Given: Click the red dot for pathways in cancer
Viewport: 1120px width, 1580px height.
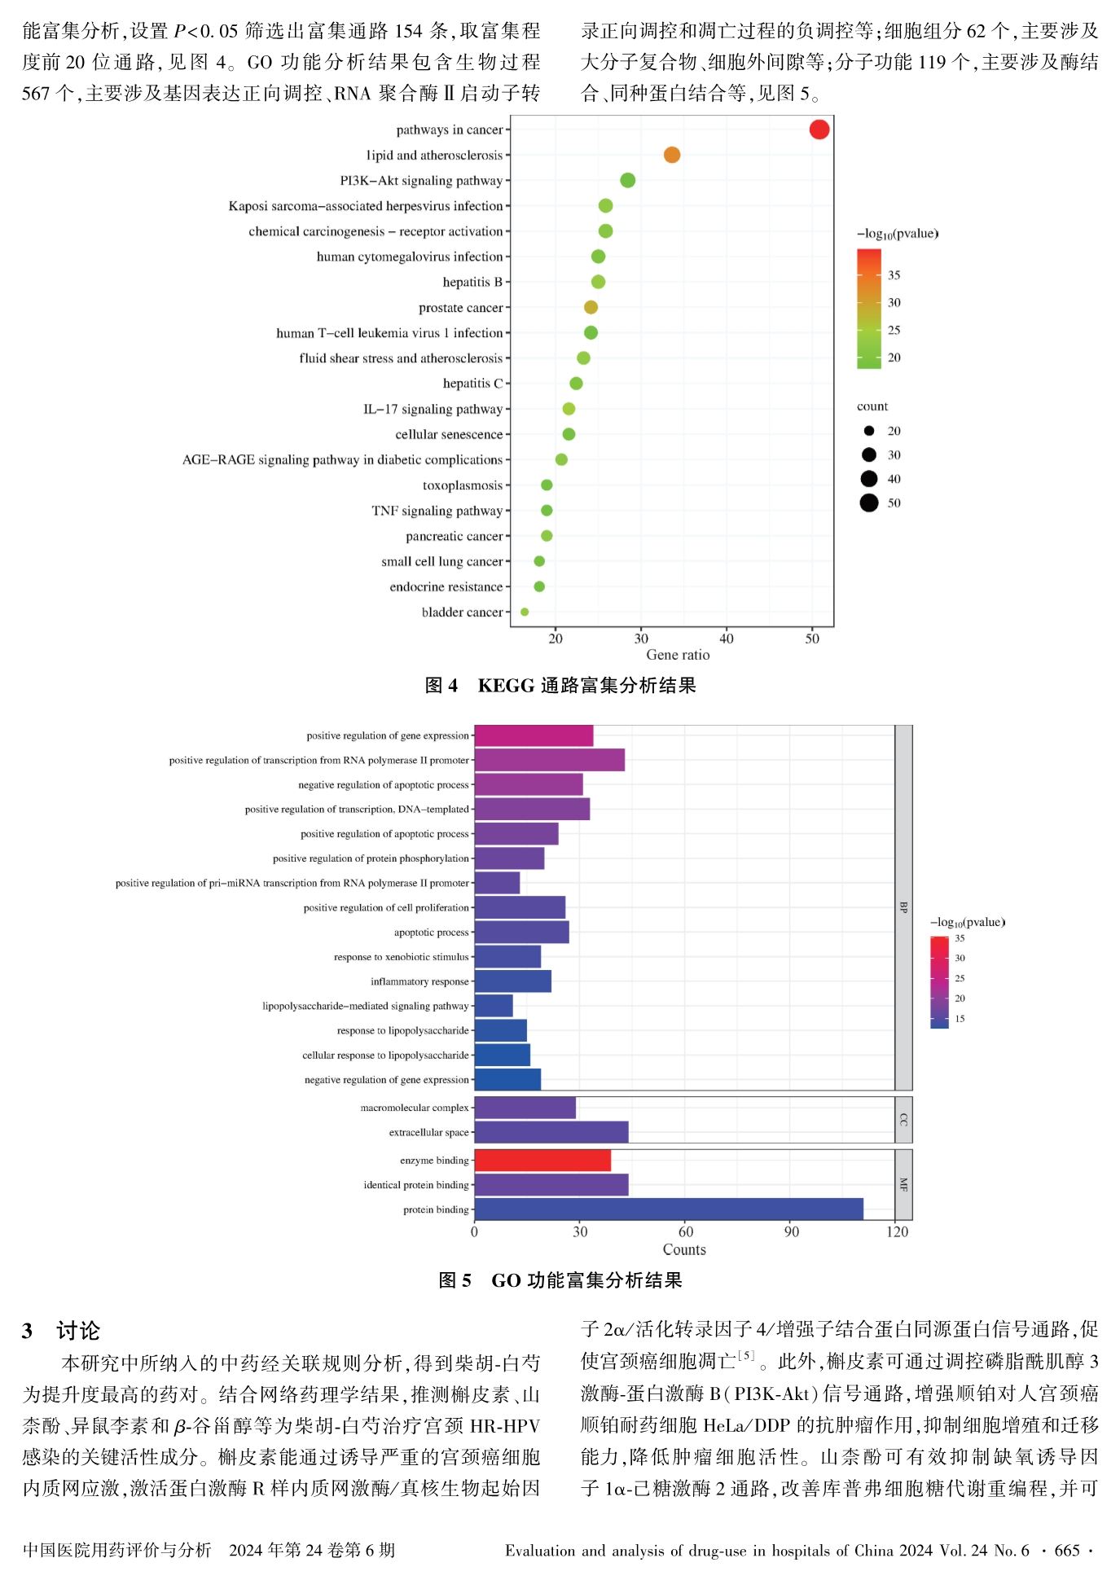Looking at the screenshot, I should [x=819, y=129].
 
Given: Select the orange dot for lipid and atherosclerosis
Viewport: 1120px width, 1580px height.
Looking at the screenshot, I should [x=672, y=155].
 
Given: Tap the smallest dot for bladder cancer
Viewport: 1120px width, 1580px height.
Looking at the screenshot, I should [x=525, y=612].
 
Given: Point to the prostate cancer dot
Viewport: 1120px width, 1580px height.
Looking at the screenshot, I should [x=591, y=307].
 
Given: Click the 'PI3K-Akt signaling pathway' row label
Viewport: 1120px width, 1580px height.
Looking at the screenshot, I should [x=421, y=181].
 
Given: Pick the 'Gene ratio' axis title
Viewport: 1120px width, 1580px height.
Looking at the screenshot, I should [x=678, y=655].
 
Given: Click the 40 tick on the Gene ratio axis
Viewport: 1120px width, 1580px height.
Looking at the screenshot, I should [x=727, y=639].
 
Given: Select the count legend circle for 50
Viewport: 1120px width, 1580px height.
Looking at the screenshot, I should [x=869, y=503].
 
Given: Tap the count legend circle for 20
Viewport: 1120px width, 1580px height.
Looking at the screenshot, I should [x=869, y=431].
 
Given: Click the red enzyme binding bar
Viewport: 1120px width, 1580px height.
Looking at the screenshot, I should [x=542, y=1161].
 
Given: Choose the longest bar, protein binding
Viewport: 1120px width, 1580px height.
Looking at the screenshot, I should [x=669, y=1209].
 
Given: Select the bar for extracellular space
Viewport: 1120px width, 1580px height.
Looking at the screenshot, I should [x=551, y=1132].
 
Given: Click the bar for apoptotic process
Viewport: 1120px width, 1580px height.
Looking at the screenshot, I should [x=521, y=932].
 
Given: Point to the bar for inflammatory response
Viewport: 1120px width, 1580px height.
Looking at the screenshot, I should [x=512, y=981].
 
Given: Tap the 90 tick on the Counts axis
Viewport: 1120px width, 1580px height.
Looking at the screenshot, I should [x=792, y=1231].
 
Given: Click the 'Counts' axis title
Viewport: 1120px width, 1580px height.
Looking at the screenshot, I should [x=684, y=1249].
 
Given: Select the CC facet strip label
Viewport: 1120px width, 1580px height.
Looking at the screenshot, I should [x=903, y=1120].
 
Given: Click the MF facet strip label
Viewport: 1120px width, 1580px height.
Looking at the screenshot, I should [x=903, y=1185].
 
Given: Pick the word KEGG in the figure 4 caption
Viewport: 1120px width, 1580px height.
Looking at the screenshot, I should [x=506, y=686].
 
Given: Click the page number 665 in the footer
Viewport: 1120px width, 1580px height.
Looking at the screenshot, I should [x=1067, y=1551].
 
